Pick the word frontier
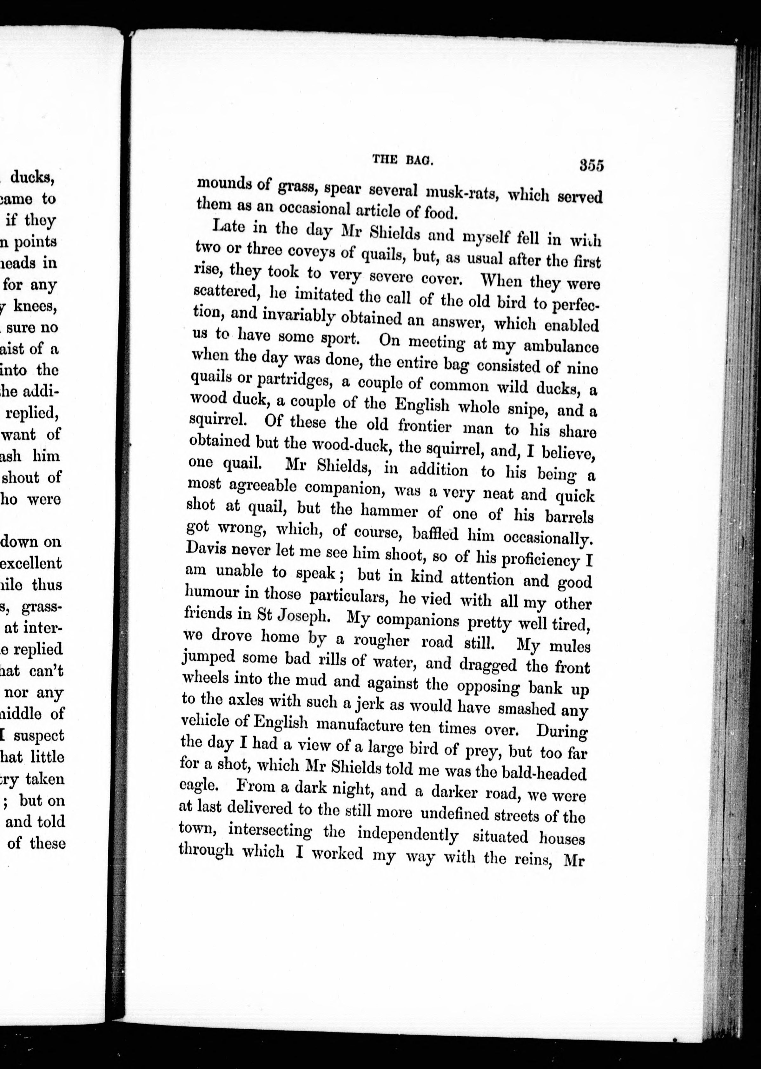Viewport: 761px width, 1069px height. (424, 426)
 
